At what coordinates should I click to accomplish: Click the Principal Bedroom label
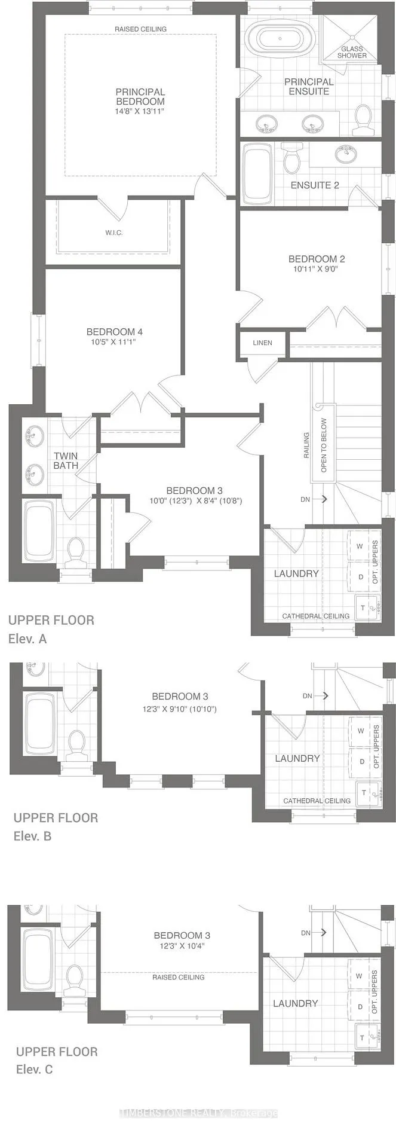tap(140, 97)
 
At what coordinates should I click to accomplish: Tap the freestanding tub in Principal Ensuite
tap(281, 39)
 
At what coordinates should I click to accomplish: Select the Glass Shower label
tap(352, 52)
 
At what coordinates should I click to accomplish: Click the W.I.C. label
tap(113, 233)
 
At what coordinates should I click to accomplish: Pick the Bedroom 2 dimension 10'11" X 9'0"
tap(317, 269)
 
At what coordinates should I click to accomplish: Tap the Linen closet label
tap(262, 343)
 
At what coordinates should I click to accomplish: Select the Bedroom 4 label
tap(115, 332)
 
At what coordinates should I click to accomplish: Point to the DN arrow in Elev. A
tap(323, 499)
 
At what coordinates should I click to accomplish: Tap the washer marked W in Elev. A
tap(360, 546)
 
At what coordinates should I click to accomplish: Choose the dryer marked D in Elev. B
tap(361, 761)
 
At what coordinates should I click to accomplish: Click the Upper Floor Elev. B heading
tap(56, 826)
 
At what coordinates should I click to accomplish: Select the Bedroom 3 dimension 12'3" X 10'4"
tap(182, 945)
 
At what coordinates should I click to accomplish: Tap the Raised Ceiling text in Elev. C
tap(179, 977)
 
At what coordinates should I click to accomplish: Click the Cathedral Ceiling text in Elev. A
tap(316, 616)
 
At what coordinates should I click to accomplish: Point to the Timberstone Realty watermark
tap(199, 1113)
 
